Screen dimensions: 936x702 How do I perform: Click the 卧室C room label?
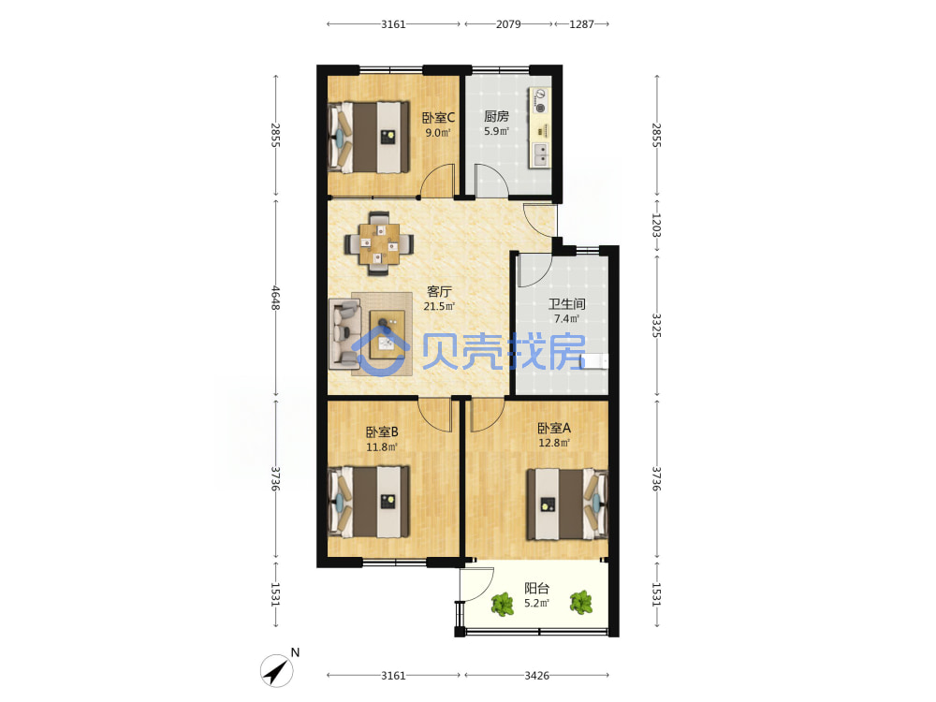pyautogui.click(x=438, y=118)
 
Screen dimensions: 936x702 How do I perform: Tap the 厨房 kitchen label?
pyautogui.click(x=496, y=116)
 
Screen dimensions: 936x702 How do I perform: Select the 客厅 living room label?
pyautogui.click(x=439, y=291)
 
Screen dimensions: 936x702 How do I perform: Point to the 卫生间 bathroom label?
pyautogui.click(x=566, y=304)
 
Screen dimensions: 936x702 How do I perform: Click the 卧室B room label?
pyautogui.click(x=382, y=431)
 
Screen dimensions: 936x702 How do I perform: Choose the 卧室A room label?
pyautogui.click(x=554, y=428)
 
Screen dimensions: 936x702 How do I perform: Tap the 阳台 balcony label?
pyautogui.click(x=536, y=588)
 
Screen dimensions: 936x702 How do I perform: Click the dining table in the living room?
pyautogui.click(x=378, y=243)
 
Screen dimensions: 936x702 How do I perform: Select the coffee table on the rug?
pyautogui.click(x=388, y=334)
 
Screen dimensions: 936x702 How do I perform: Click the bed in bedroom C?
pyautogui.click(x=369, y=138)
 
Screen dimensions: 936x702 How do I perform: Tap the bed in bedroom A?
pyautogui.click(x=566, y=505)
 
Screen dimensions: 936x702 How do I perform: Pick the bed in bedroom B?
pyautogui.click(x=369, y=502)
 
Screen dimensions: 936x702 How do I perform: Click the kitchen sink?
pyautogui.click(x=540, y=154)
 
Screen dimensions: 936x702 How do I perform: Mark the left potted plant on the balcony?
pyautogui.click(x=503, y=604)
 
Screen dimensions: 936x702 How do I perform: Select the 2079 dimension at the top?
pyautogui.click(x=508, y=24)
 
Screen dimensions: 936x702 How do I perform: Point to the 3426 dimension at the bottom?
pyautogui.click(x=536, y=675)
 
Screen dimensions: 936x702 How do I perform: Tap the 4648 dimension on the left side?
pyautogui.click(x=275, y=298)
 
